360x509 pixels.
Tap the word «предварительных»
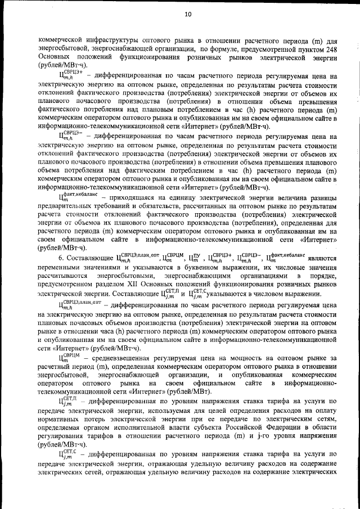pyautogui.click(x=66, y=206)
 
